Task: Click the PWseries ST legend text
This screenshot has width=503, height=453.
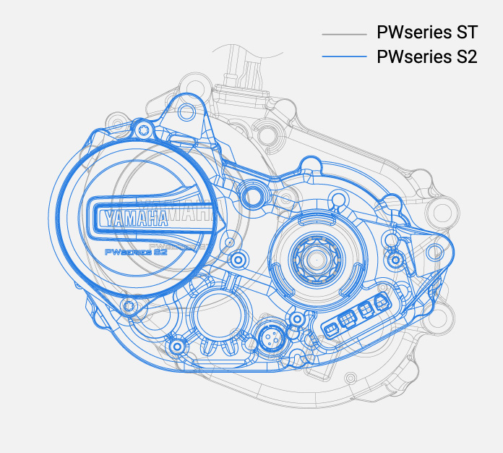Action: tap(426, 33)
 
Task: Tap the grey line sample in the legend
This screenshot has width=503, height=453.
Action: tap(345, 34)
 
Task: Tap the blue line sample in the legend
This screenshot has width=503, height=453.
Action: tap(345, 57)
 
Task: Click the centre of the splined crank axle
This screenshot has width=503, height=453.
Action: tap(316, 258)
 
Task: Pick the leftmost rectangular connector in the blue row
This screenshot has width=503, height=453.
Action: tap(331, 329)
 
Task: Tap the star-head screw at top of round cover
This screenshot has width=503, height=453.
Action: tap(144, 130)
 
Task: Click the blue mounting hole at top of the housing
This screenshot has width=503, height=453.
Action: tap(186, 111)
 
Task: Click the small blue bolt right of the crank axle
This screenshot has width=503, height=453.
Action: tap(395, 259)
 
